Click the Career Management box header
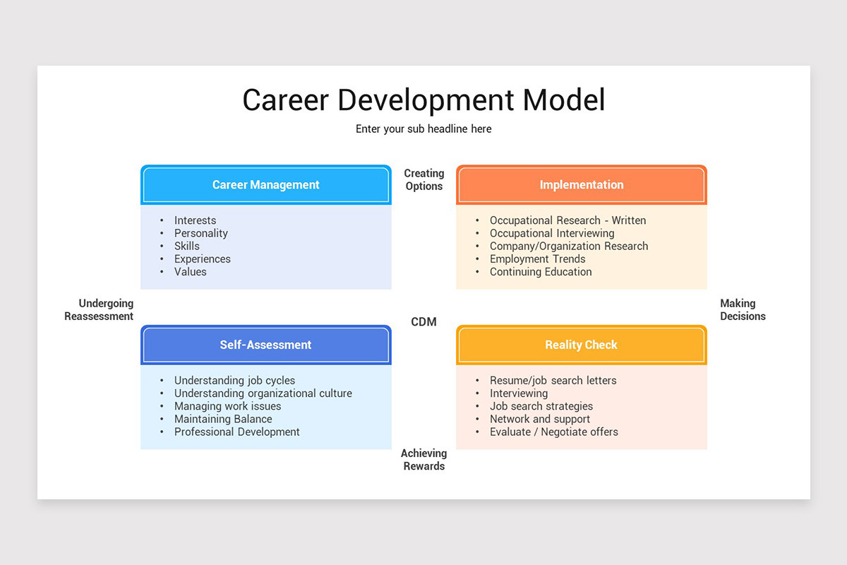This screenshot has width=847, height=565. coord(265,185)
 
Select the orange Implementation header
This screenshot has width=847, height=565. coord(581,185)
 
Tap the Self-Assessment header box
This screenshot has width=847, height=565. coord(265,345)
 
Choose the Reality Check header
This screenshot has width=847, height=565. coord(581,345)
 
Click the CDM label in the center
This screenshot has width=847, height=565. coord(423,322)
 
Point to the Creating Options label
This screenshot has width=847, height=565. coord(423,179)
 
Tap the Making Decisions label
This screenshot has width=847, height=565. coord(742,310)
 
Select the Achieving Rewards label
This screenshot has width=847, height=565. coord(423,460)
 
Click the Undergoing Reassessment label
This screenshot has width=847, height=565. coord(100,310)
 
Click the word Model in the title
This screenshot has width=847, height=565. coord(564,100)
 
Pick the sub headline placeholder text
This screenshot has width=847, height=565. coord(423,129)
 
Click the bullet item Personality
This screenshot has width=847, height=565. coord(201,233)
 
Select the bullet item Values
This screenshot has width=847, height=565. coord(191,272)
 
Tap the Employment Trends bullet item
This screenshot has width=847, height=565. coord(537,259)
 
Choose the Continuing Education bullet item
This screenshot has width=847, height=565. coord(541,272)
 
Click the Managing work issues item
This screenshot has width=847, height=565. coord(227,406)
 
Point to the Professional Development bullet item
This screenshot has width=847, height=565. coord(237,432)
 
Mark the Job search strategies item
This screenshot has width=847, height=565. coord(541,406)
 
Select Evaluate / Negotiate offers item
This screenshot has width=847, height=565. coord(553,432)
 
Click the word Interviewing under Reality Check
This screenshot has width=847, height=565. coord(519,393)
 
